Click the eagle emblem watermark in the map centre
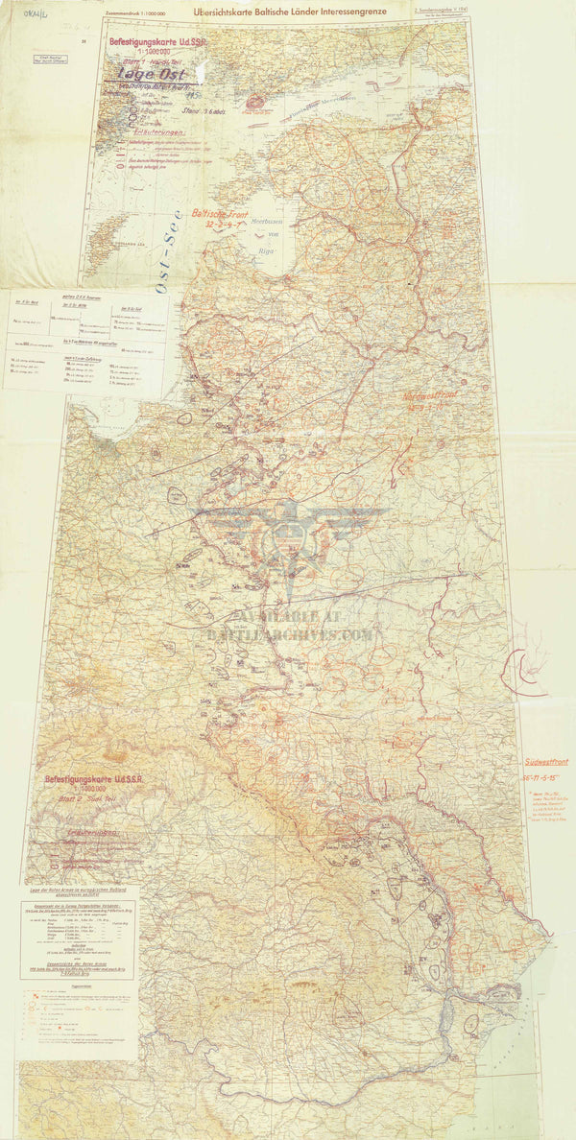pos(289,537)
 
